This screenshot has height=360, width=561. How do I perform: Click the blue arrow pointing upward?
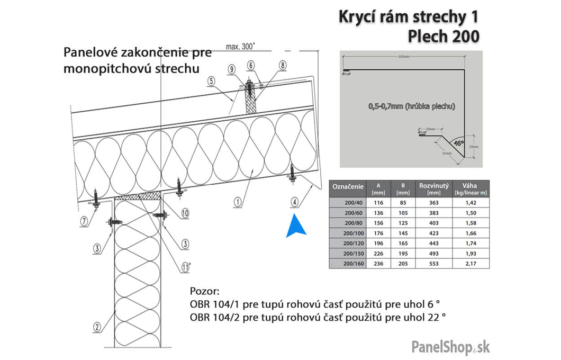[x=296, y=226]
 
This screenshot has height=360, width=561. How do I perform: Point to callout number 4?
[x=295, y=201]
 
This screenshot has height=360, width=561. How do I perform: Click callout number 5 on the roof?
[x=211, y=81]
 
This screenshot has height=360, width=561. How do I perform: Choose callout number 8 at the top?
[x=283, y=65]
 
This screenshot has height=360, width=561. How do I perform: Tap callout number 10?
[x=184, y=213]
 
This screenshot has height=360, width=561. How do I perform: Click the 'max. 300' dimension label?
[x=240, y=46]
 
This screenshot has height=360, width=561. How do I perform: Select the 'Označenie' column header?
[x=347, y=186]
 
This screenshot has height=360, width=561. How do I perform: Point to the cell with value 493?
[x=434, y=253]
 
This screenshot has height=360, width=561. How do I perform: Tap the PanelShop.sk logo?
[x=450, y=347]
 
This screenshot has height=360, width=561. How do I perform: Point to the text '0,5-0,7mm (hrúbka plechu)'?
[x=411, y=106]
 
